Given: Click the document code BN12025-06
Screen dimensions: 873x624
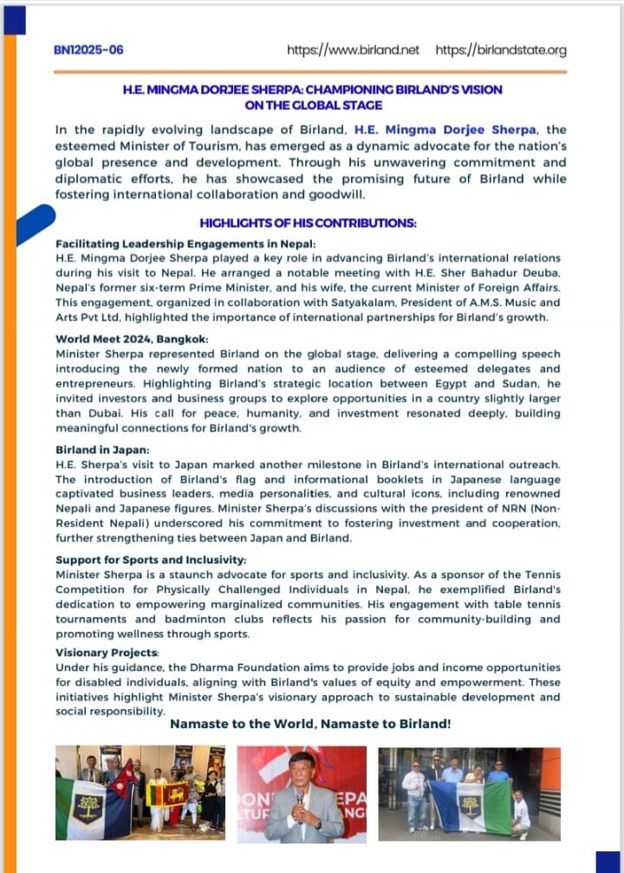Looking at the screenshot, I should (x=88, y=50).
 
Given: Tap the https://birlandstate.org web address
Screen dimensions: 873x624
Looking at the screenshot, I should (x=501, y=50).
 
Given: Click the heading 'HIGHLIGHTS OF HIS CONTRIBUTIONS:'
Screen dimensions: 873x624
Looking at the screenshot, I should (x=308, y=223).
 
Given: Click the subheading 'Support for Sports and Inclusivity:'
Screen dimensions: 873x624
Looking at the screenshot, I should (x=138, y=560).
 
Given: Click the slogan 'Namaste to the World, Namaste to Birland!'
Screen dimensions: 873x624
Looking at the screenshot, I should (x=310, y=723).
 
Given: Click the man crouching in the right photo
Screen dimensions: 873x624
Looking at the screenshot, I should (x=521, y=815).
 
